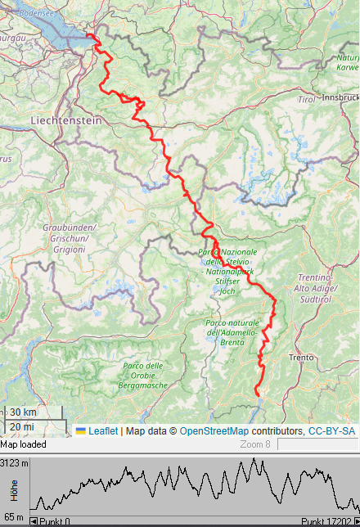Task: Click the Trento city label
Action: coord(301,358)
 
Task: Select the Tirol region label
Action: coord(306,99)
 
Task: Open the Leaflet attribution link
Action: coord(102,430)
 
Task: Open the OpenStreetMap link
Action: coord(214,430)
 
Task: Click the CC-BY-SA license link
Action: coord(331,430)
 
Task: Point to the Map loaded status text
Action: coord(23,444)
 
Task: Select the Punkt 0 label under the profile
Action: coord(54,521)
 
